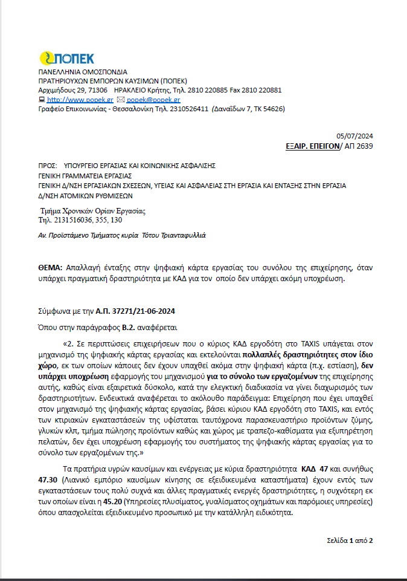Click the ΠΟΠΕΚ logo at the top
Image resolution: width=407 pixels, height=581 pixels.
click(66, 59)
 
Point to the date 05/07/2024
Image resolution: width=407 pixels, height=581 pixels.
click(354, 136)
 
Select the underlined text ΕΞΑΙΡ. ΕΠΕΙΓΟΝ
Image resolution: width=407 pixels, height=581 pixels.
click(312, 146)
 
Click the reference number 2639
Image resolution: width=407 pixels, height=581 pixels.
click(365, 146)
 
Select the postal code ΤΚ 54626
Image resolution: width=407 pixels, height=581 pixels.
click(266, 109)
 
